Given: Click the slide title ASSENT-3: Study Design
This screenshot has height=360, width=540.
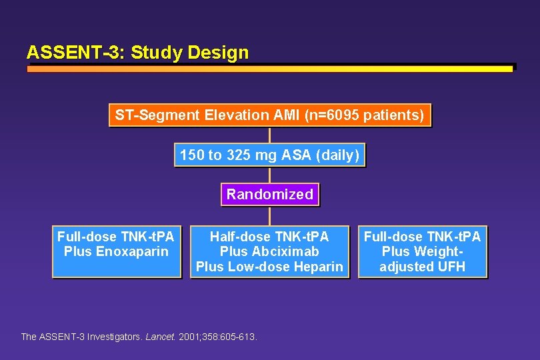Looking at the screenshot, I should point(137,53).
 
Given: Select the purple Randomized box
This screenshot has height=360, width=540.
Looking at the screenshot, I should point(269,195).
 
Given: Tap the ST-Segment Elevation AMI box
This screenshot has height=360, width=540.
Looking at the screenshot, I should point(269,115).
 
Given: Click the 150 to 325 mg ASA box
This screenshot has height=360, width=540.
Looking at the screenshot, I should point(269,155).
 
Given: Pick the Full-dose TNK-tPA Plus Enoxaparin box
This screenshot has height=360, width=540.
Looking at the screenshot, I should point(116,251).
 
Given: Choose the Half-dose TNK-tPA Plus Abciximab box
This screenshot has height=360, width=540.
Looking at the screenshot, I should point(269,251).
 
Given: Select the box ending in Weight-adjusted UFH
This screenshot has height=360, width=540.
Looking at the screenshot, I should point(422,251).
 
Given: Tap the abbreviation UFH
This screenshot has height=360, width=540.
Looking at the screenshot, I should point(451,267).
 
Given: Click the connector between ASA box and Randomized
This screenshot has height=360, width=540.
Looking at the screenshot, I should point(269,175).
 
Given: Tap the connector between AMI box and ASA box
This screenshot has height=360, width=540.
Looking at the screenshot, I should point(269,135).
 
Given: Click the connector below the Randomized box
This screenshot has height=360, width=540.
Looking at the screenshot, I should point(269,216).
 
